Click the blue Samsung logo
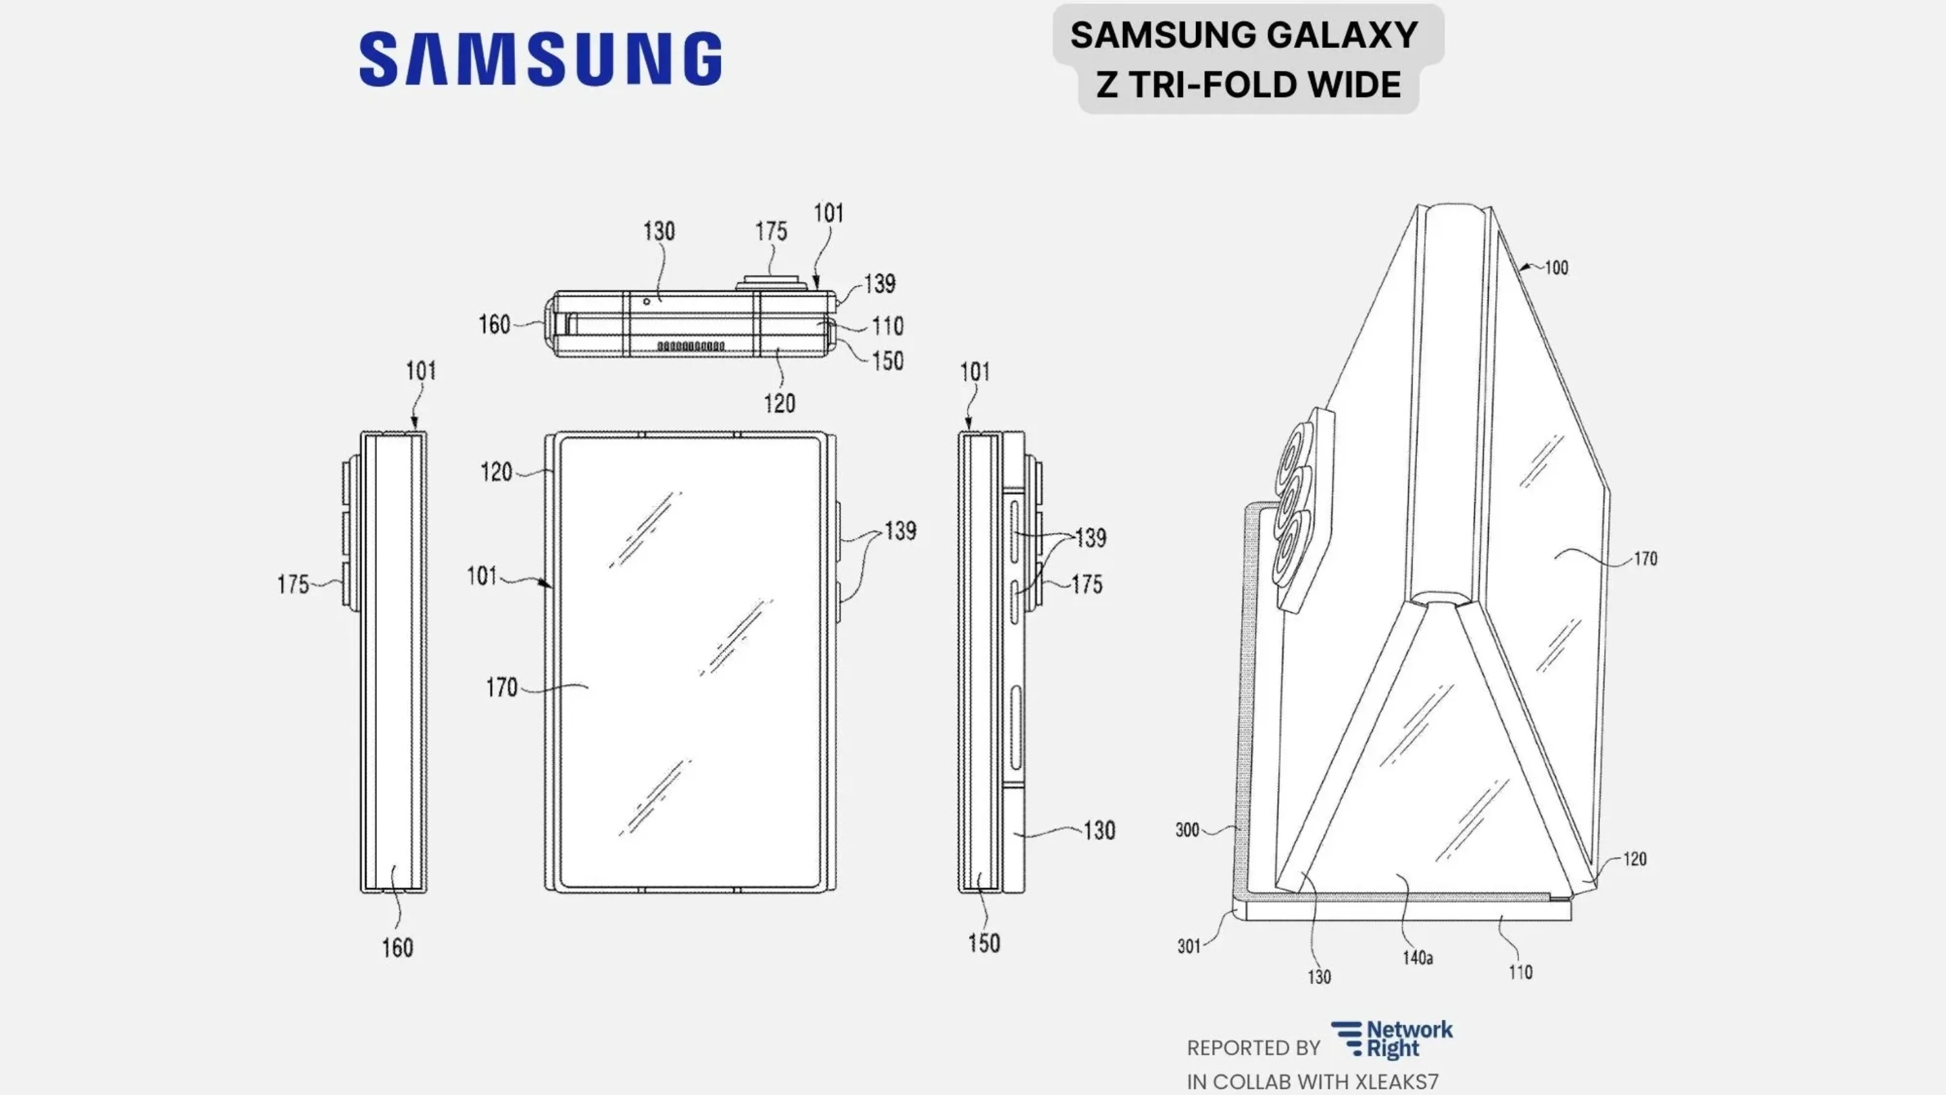(540, 58)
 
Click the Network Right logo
(1391, 1040)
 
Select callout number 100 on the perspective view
(1555, 268)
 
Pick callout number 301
(1189, 946)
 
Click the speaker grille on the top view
(691, 346)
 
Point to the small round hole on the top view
(647, 301)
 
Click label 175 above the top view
(770, 231)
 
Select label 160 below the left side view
(397, 948)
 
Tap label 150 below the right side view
(984, 943)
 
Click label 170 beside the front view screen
(501, 687)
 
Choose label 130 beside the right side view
(1099, 831)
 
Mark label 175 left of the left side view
(293, 584)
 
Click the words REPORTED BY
(1253, 1048)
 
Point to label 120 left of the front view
(497, 472)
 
